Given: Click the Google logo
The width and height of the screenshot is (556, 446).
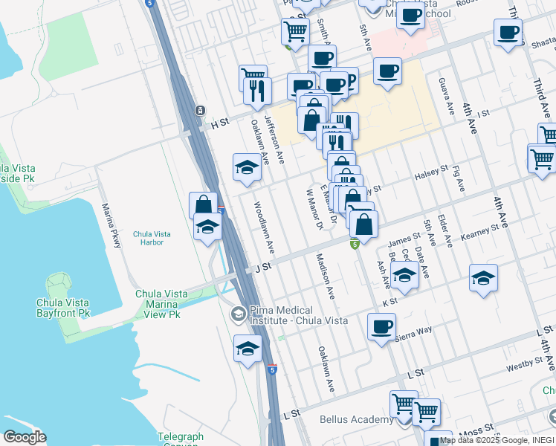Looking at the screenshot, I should (x=24, y=436).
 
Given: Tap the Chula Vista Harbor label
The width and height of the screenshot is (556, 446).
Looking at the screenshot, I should (x=152, y=238).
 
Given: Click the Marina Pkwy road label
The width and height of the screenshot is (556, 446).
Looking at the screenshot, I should (x=111, y=222).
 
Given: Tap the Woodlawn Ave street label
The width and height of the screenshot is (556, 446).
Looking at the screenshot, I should (x=265, y=225).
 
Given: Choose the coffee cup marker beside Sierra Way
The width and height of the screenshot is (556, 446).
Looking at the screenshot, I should (x=381, y=326).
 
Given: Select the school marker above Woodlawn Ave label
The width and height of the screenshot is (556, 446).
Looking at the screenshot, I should (x=247, y=167).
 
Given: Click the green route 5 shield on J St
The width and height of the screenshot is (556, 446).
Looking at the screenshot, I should (x=355, y=243).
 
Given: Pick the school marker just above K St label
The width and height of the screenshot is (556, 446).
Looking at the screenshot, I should (x=404, y=276).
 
